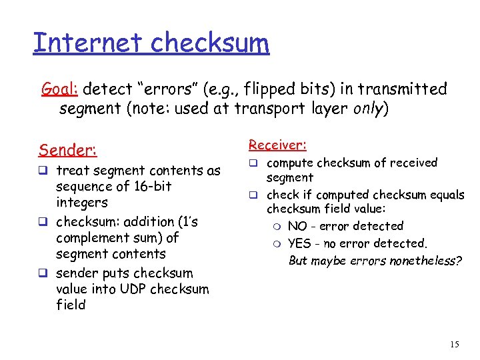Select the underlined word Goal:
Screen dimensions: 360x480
tap(60, 89)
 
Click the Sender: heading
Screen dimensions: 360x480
tap(67, 149)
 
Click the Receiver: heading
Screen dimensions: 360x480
tap(277, 145)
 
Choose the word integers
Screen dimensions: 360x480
tap(82, 203)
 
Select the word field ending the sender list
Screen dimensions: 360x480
tap(71, 305)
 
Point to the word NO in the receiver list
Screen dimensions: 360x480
tap(297, 226)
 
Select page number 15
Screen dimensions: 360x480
tap(455, 345)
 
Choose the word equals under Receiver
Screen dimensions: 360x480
tap(447, 195)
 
